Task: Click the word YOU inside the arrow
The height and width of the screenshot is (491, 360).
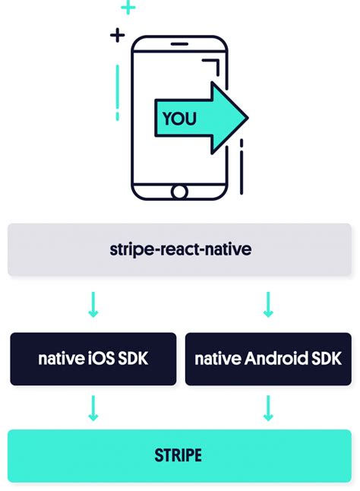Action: pyautogui.click(x=179, y=119)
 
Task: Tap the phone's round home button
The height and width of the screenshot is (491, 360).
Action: pyautogui.click(x=179, y=192)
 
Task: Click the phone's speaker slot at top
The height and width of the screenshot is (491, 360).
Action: pyautogui.click(x=179, y=44)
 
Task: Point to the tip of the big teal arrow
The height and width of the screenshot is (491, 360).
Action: pyautogui.click(x=248, y=118)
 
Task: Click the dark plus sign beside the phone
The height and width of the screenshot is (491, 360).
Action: pyautogui.click(x=117, y=35)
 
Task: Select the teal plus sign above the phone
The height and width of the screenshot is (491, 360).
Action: pyautogui.click(x=128, y=7)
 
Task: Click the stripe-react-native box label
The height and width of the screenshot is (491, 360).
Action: pyautogui.click(x=181, y=249)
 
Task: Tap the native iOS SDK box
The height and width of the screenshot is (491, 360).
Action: pyautogui.click(x=93, y=359)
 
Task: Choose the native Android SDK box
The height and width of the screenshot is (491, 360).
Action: pyautogui.click(x=268, y=359)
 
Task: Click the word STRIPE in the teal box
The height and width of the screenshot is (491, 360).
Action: pyautogui.click(x=178, y=455)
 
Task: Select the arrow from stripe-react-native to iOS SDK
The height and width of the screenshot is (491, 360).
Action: pyautogui.click(x=93, y=304)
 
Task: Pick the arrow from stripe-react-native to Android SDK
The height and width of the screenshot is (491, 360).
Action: pyautogui.click(x=268, y=304)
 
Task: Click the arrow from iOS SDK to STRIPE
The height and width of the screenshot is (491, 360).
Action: pyautogui.click(x=93, y=408)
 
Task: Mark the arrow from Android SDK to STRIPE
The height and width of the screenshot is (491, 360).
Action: pyautogui.click(x=268, y=408)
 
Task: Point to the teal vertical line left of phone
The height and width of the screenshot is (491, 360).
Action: pyautogui.click(x=117, y=93)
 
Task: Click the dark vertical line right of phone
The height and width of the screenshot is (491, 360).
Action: pyautogui.click(x=242, y=167)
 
